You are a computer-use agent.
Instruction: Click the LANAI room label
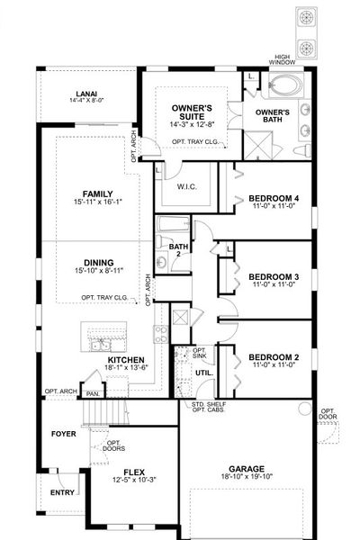[x=85, y=92]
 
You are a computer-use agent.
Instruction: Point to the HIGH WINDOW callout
[x=290, y=58]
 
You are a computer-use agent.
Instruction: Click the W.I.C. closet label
[x=186, y=187]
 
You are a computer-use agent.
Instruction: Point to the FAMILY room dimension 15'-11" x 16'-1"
[x=96, y=204]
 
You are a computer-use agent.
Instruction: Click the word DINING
[x=98, y=263]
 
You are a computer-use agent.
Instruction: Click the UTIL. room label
[x=203, y=371]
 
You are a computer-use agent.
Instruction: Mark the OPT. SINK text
[x=200, y=353]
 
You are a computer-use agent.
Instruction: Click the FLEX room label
[x=133, y=471]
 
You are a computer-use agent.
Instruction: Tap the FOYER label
[x=64, y=432]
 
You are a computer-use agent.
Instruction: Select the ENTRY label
[x=63, y=492]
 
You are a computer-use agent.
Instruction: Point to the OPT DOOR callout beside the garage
[x=328, y=415]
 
